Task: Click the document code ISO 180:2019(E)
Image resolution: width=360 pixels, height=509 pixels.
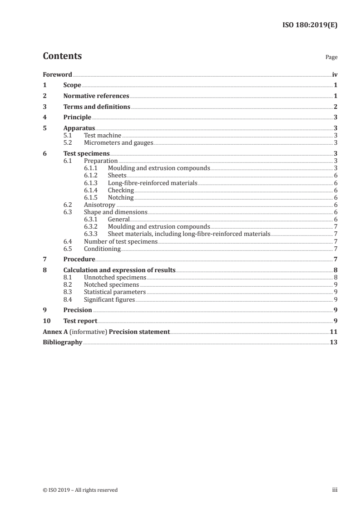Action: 310,25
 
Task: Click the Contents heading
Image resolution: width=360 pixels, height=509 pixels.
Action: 62,56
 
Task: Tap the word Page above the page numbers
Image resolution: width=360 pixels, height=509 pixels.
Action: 331,58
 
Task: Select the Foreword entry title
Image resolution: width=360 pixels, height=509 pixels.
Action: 57,74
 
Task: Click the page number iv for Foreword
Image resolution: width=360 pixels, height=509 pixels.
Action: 335,74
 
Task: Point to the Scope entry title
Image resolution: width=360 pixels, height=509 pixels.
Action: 72,85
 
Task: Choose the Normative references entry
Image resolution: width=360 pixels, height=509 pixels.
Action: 96,96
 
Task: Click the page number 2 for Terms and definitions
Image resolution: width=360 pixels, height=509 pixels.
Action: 335,107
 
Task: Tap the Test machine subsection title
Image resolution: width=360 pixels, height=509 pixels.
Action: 103,135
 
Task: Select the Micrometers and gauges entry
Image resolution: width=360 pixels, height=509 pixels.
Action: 118,143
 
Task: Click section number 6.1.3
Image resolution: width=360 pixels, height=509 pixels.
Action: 92,183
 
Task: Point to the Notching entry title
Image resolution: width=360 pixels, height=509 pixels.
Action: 121,197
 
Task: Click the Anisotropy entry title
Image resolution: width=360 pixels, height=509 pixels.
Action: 99,205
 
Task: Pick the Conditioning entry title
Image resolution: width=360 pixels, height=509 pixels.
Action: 102,249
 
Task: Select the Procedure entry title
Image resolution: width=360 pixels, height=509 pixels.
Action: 79,259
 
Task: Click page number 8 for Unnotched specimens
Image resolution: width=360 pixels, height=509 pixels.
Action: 335,277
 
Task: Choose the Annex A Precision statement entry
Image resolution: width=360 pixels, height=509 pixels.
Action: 106,332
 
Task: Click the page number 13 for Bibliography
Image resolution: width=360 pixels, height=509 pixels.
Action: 334,343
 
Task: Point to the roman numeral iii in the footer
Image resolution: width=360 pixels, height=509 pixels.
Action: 335,489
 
